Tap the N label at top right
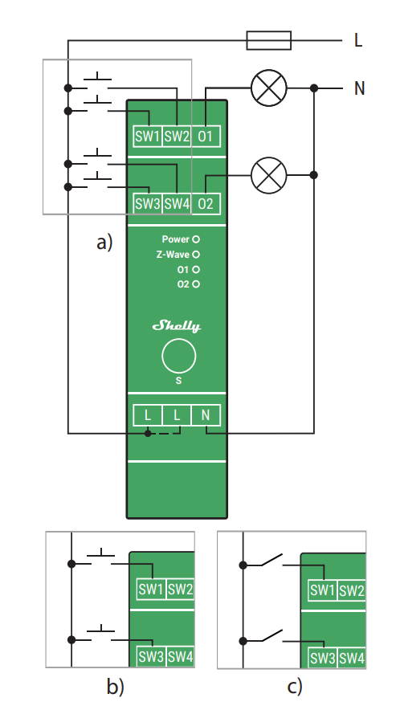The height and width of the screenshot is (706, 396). (359, 88)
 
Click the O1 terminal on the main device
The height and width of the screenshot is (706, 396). (206, 137)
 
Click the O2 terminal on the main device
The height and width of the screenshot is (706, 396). (206, 204)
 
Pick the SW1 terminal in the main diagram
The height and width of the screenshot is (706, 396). (147, 137)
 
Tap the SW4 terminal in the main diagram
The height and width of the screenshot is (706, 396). (176, 204)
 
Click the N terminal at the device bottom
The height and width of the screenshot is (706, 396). (206, 415)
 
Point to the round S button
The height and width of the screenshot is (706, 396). (178, 355)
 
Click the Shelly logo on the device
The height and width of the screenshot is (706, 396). (177, 326)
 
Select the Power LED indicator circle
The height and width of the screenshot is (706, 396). (195, 239)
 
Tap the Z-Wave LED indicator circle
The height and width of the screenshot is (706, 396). (195, 255)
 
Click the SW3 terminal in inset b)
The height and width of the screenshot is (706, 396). (150, 657)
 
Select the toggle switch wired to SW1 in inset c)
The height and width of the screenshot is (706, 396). (271, 560)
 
